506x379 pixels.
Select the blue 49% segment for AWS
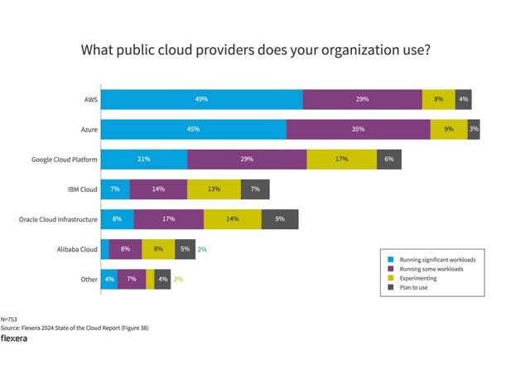(201, 98)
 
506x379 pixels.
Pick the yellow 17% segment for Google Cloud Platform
(341, 159)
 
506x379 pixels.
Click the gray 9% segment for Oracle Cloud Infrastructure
(280, 219)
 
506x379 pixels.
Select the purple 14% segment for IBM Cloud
(158, 189)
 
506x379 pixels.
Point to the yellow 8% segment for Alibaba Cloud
(158, 249)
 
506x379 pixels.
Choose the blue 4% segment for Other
(108, 279)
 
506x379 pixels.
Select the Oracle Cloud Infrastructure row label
(58, 219)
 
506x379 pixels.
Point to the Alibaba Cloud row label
(77, 249)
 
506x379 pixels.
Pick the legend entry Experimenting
(413, 279)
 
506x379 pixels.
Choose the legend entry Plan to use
(410, 289)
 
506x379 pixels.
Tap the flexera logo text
(16, 338)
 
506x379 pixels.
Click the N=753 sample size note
(9, 319)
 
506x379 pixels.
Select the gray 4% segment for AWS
(463, 98)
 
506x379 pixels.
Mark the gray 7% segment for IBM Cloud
(255, 189)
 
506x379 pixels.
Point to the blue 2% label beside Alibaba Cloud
(201, 249)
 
